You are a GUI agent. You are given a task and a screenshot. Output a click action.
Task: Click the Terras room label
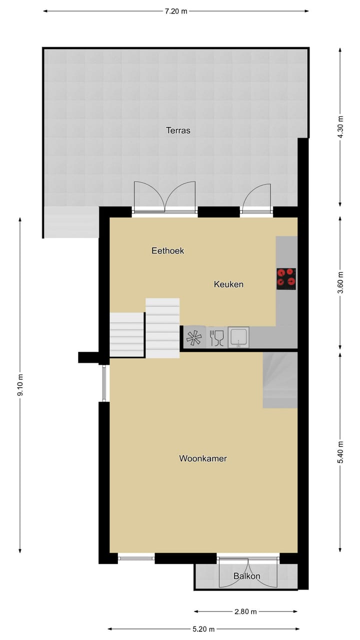(x=178, y=131)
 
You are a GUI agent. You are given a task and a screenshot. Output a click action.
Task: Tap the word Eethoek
(x=168, y=251)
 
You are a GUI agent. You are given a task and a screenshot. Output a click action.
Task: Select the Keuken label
(x=228, y=284)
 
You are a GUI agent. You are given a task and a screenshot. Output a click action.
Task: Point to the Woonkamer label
(x=203, y=458)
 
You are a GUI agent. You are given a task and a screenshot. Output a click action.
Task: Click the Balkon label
(x=247, y=576)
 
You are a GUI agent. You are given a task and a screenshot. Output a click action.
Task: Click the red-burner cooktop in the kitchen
(x=286, y=278)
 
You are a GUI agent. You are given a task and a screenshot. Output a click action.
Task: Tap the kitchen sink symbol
(x=238, y=337)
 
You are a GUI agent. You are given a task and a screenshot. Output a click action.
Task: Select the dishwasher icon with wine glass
(x=217, y=337)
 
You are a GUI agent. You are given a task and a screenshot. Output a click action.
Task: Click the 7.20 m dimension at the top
(x=176, y=11)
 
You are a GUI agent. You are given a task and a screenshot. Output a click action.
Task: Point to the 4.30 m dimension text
(x=341, y=127)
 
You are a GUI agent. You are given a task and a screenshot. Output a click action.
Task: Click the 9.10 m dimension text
(x=20, y=385)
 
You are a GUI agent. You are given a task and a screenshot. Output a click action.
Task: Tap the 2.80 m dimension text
(x=246, y=611)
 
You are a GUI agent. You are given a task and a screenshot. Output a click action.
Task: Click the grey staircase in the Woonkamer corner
(x=280, y=380)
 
